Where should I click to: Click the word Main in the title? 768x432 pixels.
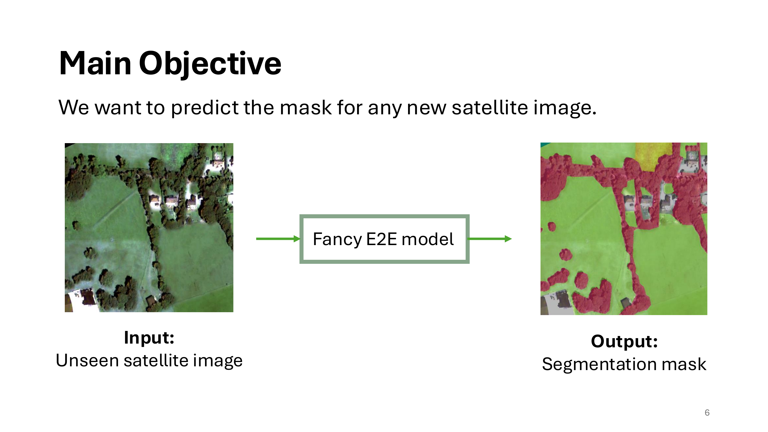[x=95, y=63]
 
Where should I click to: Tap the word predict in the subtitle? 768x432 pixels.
[x=204, y=108]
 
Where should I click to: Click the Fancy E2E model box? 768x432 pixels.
[x=384, y=239]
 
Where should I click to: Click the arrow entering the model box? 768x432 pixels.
[x=278, y=239]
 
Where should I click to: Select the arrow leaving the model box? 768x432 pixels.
[x=490, y=239]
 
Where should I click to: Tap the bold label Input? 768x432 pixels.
[x=149, y=338]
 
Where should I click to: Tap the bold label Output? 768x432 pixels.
[x=624, y=342]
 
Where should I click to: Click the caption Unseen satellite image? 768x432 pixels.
[x=149, y=361]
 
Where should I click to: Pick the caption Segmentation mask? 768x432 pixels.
[x=624, y=364]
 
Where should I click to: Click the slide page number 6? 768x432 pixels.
[x=707, y=413]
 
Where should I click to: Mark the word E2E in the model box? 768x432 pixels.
[x=382, y=239]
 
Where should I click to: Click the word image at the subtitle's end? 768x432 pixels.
[x=565, y=108]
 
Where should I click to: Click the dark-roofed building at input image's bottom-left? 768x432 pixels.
[x=87, y=297]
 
